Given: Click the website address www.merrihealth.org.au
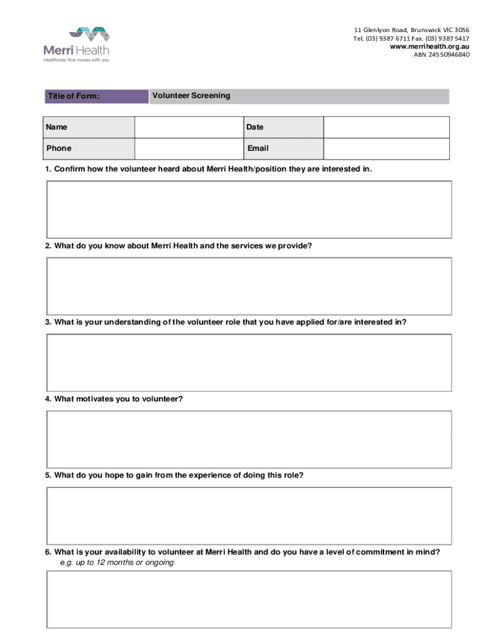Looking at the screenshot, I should click(x=429, y=47).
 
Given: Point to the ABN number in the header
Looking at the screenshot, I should click(x=441, y=55).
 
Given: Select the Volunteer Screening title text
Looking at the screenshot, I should click(x=191, y=96).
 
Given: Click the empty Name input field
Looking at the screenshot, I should click(x=189, y=127).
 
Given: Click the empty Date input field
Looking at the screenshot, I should click(x=386, y=127).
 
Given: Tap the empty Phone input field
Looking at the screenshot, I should click(x=189, y=148).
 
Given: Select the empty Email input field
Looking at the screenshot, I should click(x=386, y=148).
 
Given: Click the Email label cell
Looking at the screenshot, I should click(x=283, y=148).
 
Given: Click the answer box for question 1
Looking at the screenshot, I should click(x=248, y=209).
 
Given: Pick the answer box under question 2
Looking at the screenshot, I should click(x=248, y=286).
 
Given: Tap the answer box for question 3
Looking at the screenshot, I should click(x=248, y=362).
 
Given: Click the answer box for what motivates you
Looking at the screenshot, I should click(x=248, y=439).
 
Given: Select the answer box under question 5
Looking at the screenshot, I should click(x=248, y=516).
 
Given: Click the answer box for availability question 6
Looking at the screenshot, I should click(x=248, y=599).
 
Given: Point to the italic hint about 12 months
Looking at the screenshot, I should click(x=117, y=563).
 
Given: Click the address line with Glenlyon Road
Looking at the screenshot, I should click(x=411, y=30).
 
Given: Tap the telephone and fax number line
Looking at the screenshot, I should click(x=411, y=38).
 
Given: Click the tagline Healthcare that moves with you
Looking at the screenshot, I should click(x=76, y=60).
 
